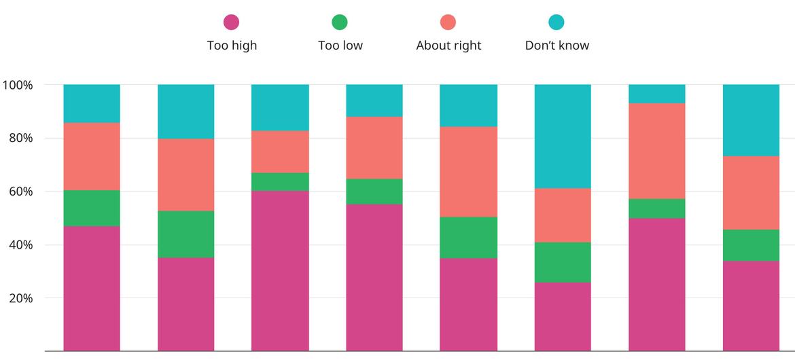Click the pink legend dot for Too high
[x=231, y=22]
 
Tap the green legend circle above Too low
[x=340, y=22]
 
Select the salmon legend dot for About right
[x=448, y=22]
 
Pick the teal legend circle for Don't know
[x=556, y=22]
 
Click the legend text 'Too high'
[x=232, y=46]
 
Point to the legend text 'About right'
[x=448, y=46]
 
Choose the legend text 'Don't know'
[x=557, y=46]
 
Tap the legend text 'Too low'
[x=340, y=46]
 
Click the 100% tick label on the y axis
[x=18, y=86]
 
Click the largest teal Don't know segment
[x=563, y=137]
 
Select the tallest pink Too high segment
[x=280, y=271]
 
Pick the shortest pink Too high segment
[x=563, y=317]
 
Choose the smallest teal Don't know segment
[x=656, y=94]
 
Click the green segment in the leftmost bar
[x=92, y=208]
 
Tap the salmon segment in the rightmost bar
[x=751, y=193]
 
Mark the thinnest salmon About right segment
[x=280, y=151]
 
